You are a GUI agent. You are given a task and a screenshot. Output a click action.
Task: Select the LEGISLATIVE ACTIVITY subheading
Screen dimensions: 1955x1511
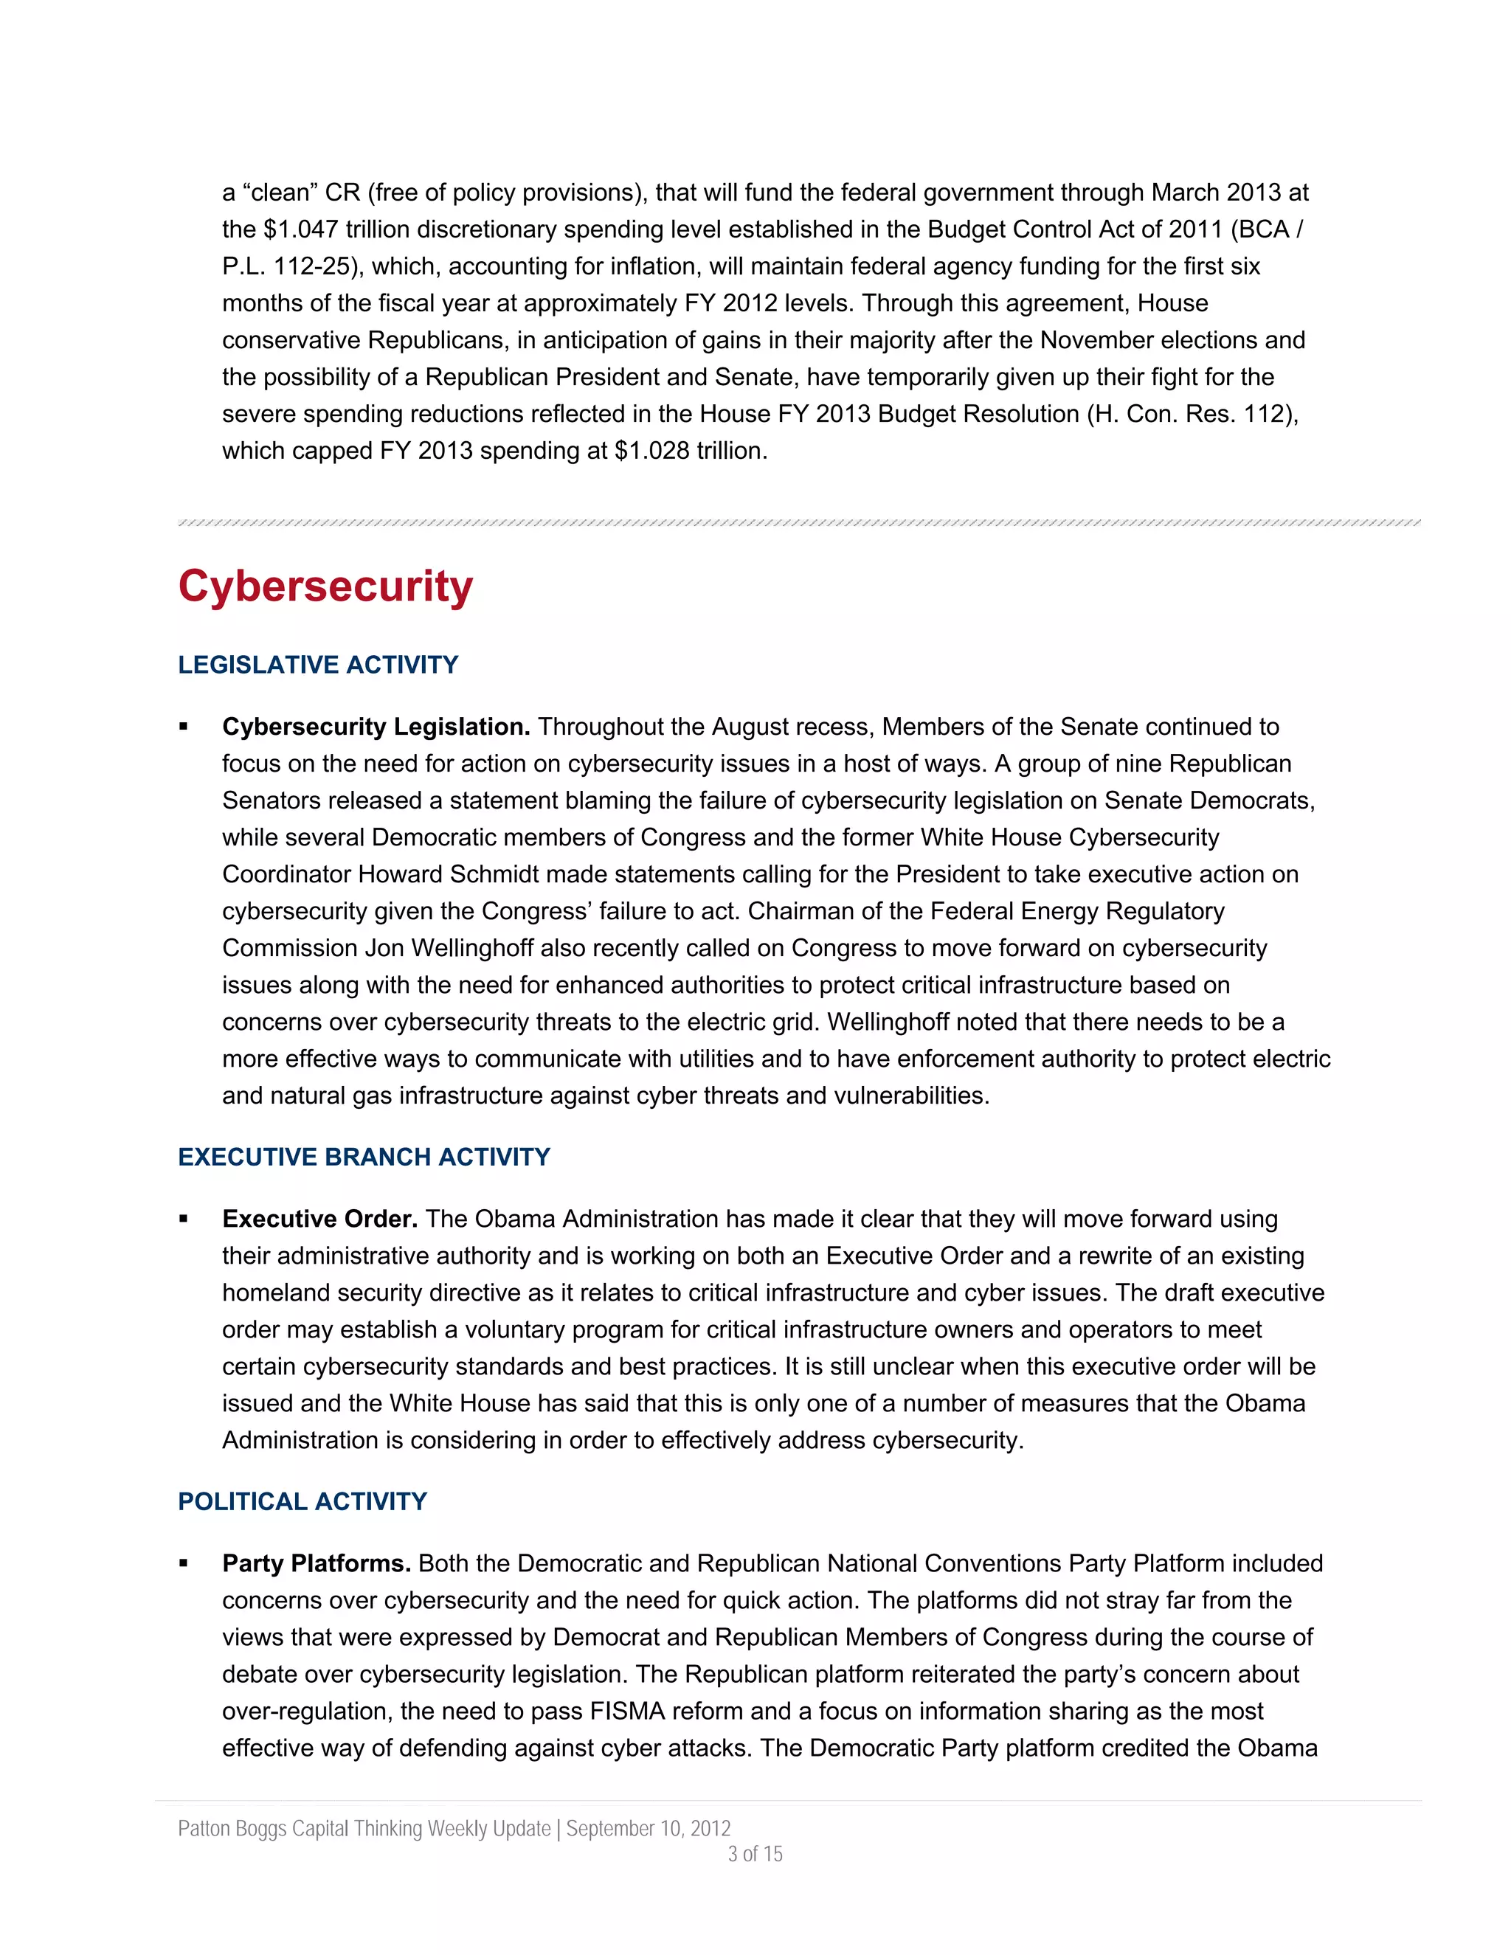[318, 665]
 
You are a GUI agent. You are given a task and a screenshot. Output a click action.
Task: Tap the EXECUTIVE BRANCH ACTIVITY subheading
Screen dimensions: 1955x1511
[364, 1158]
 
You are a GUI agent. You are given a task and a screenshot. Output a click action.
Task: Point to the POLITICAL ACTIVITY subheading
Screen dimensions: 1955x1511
[302, 1501]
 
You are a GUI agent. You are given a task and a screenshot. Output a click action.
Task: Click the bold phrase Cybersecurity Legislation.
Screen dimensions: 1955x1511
[376, 727]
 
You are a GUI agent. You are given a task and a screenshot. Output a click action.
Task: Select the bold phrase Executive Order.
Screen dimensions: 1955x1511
[319, 1219]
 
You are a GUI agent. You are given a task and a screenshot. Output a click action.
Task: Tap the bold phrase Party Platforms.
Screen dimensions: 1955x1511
[316, 1563]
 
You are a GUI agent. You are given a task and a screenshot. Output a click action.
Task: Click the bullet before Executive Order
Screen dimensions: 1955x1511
[184, 1219]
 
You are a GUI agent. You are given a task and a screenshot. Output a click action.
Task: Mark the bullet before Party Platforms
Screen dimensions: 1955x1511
[184, 1563]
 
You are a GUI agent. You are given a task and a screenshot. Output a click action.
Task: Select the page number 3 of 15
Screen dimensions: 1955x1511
[755, 1854]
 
